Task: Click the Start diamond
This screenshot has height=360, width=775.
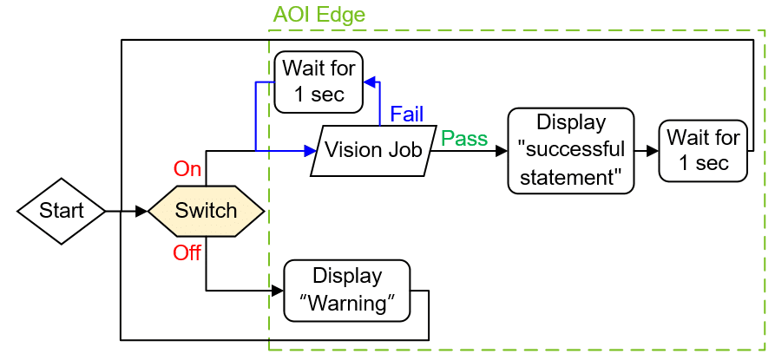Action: tap(62, 211)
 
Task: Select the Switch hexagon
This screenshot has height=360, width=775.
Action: tap(206, 211)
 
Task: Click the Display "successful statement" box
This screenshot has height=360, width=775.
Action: tap(570, 150)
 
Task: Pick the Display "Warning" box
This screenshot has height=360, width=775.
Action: tap(347, 290)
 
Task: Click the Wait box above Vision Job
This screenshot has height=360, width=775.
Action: tap(319, 82)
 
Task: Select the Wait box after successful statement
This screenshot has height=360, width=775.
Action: tap(703, 150)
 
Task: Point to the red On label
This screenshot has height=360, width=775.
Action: tap(187, 167)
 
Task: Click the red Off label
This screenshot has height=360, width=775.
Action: tap(187, 252)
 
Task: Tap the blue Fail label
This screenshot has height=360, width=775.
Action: tap(406, 114)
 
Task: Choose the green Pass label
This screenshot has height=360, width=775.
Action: tap(464, 139)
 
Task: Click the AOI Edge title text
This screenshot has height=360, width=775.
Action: tap(319, 15)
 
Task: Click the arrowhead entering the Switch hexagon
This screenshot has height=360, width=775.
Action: tap(142, 211)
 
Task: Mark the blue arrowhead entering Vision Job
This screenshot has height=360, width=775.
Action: tap(311, 150)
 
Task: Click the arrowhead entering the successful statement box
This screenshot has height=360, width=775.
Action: tap(502, 150)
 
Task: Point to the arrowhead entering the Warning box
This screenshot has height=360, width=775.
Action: tap(279, 290)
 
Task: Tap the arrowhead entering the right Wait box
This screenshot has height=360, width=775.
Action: tap(653, 150)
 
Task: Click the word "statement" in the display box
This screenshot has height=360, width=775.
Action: tap(570, 179)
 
